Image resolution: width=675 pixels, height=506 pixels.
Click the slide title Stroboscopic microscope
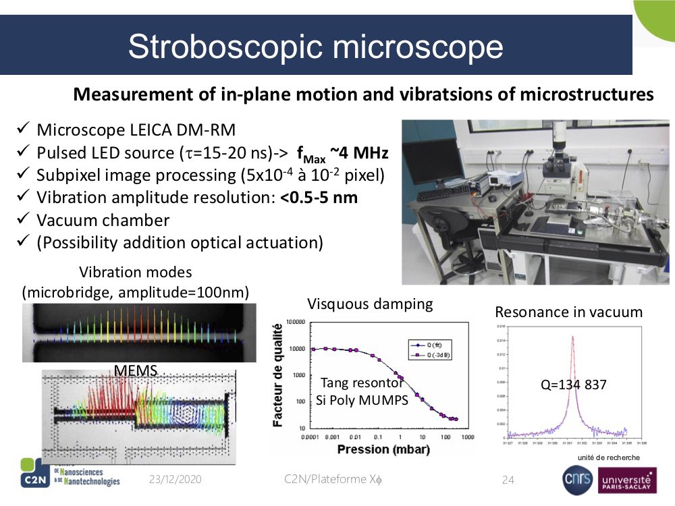(315, 47)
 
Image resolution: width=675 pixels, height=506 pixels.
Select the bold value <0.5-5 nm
(319, 198)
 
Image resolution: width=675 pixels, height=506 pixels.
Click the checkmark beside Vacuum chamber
(22, 220)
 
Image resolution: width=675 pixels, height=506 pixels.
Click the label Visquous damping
(370, 304)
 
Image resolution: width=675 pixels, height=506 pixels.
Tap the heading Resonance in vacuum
(568, 312)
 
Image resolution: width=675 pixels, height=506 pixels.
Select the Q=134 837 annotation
(573, 385)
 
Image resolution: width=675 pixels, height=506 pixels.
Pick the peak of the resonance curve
(573, 337)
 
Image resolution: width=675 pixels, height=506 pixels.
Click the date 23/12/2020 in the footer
(175, 480)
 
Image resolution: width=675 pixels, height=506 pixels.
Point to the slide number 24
(508, 480)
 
